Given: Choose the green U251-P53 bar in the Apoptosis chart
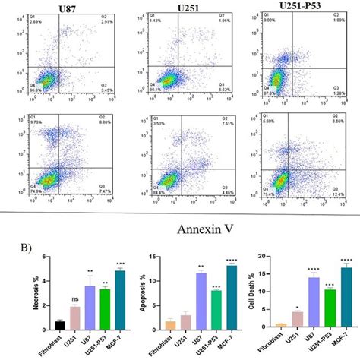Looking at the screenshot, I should (x=216, y=311).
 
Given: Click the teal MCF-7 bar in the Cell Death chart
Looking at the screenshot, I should (x=346, y=298).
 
